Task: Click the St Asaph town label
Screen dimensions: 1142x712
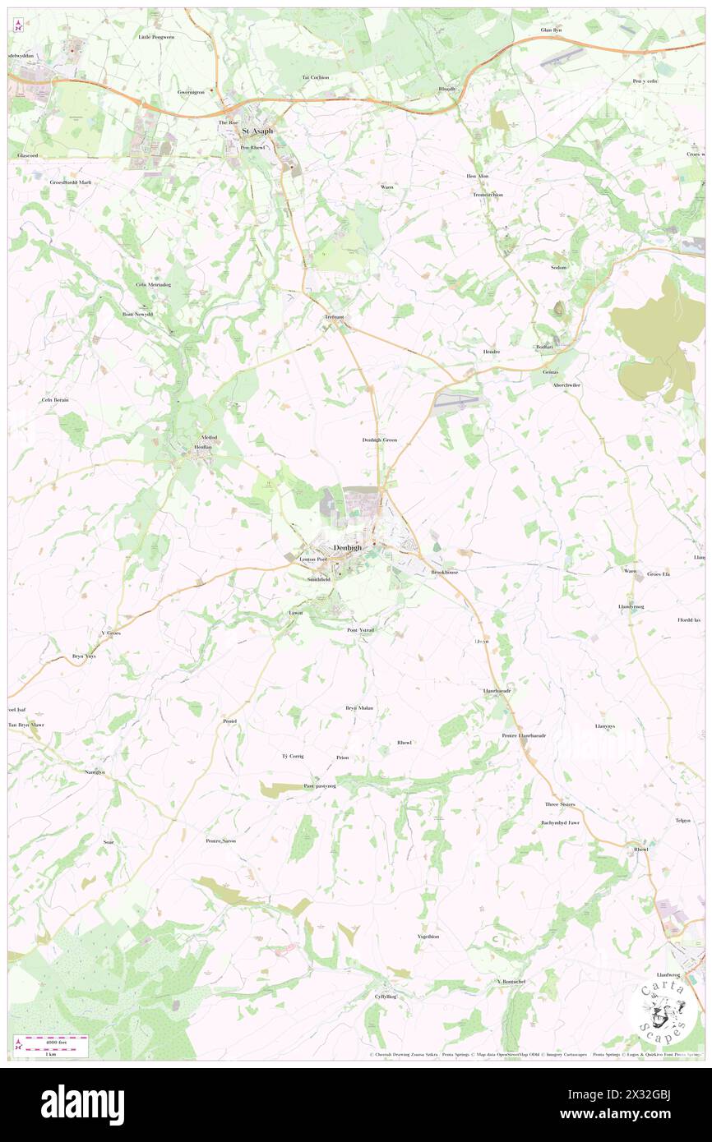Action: (x=256, y=131)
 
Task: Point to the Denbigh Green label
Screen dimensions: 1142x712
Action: (x=379, y=440)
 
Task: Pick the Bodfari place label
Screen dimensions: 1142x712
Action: (x=544, y=347)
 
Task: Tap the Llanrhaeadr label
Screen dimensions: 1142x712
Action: (x=496, y=691)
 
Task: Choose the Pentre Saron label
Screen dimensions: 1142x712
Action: (x=220, y=840)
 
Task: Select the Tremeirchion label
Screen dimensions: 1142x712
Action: (x=487, y=195)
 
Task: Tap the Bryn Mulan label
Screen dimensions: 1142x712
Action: (x=358, y=707)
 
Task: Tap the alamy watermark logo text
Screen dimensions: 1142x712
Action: (x=82, y=1105)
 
